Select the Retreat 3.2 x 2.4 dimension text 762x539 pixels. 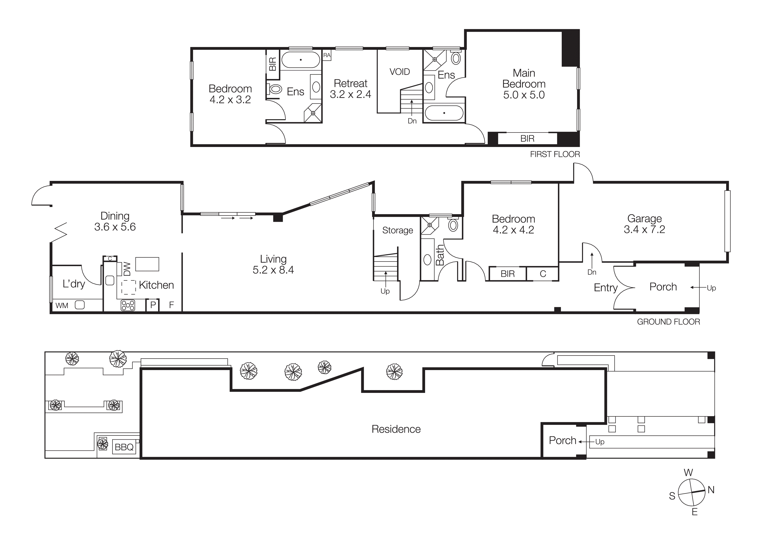350,95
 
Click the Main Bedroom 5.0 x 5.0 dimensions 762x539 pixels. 524,95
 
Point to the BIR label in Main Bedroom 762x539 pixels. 527,139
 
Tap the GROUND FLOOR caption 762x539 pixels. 668,322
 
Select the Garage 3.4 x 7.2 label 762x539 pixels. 644,224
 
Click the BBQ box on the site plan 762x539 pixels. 124,447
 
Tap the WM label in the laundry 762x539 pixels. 62,305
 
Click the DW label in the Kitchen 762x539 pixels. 127,269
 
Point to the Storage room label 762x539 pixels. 397,230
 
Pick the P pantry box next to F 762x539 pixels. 153,305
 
